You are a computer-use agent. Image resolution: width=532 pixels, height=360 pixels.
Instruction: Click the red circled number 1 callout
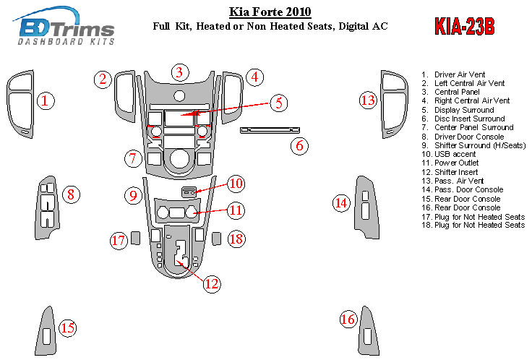47,100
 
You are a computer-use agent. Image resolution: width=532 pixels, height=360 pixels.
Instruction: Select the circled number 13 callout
369,100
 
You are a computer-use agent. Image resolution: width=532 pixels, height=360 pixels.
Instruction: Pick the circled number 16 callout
348,319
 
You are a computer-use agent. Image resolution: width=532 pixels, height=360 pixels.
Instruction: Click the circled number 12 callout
210,283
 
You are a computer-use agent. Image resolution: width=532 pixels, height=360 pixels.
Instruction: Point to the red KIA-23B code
464,27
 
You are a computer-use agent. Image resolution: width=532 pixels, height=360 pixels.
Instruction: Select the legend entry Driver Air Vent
459,74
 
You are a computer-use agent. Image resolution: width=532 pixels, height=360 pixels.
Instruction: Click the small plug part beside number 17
134,237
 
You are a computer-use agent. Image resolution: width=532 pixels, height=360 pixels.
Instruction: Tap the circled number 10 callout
236,184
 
